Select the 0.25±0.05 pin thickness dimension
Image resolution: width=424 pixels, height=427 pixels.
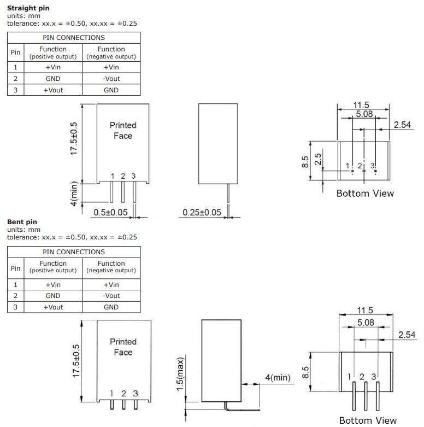202,212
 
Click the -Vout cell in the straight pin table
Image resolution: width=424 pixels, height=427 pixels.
111,79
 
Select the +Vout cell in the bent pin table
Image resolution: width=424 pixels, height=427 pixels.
53,307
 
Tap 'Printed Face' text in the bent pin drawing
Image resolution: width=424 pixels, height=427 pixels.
123,347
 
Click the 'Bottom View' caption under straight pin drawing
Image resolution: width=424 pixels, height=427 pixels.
364,194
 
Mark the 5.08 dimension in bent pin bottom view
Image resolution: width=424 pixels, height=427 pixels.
365,323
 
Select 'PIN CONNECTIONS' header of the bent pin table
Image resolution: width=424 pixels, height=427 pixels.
73,252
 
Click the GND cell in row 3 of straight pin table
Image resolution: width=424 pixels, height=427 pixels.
111,90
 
